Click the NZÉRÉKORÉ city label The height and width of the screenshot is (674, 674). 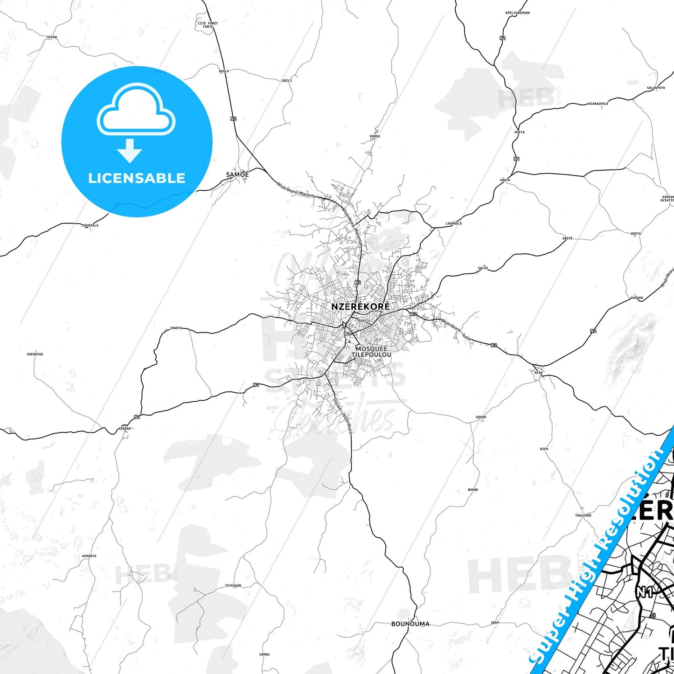point(360,307)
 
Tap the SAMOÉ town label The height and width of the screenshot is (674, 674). point(237,175)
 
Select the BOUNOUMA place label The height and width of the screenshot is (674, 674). point(410,624)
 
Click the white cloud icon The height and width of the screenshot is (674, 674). point(136,110)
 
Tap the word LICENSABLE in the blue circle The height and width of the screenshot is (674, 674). point(137,178)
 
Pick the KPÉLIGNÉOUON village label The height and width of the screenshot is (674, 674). point(517,13)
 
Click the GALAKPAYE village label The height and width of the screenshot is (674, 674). point(656,88)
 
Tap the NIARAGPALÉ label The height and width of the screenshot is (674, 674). point(598,104)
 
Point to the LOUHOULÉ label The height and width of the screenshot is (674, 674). point(454,223)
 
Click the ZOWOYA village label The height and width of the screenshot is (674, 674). point(176,328)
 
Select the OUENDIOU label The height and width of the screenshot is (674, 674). point(35,354)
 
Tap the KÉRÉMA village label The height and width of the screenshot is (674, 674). point(125,428)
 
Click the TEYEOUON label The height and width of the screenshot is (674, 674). point(233,585)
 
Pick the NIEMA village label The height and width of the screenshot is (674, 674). point(52,37)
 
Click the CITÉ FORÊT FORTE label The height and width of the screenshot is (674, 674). point(208,25)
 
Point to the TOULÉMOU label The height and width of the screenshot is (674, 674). point(583,515)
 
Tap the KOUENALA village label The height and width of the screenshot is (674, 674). point(90,225)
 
